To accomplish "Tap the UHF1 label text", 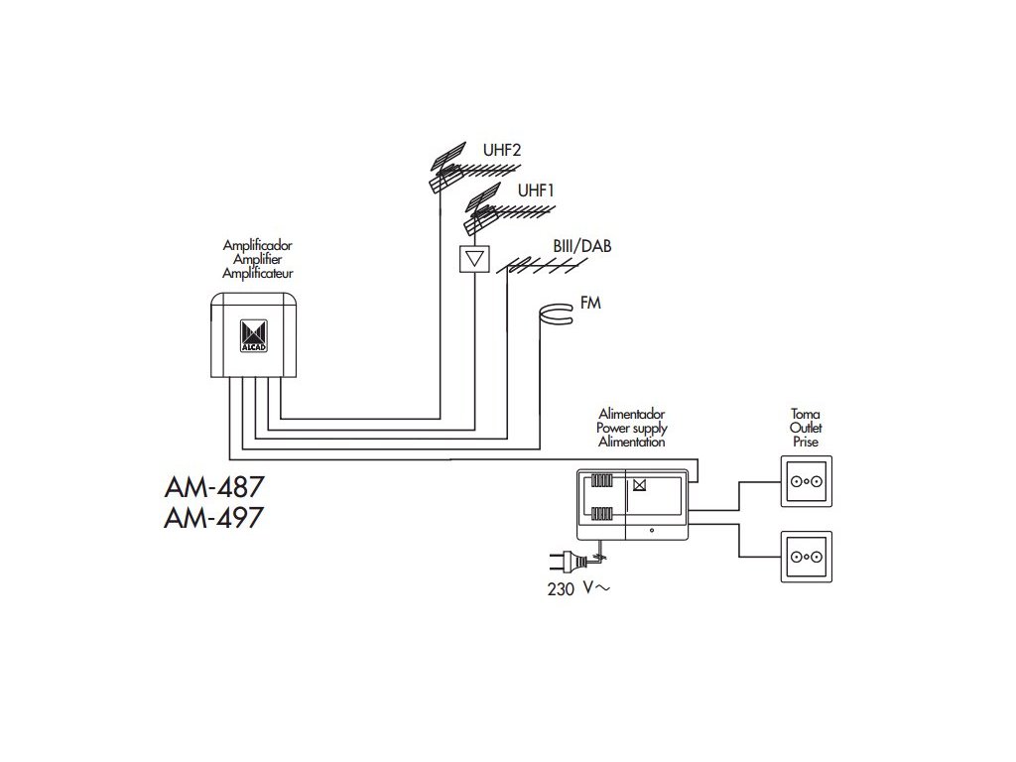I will tap(537, 190).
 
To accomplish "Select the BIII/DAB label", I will tap(582, 245).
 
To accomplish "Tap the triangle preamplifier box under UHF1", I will tap(475, 259).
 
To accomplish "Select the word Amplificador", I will tap(257, 244).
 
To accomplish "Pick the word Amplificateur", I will tap(257, 272).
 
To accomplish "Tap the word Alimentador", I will tap(631, 413).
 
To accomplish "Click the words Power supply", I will tap(631, 428).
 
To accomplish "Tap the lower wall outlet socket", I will tap(805, 557).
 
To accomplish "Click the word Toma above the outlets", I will tap(805, 413).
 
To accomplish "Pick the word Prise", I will tap(805, 443).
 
